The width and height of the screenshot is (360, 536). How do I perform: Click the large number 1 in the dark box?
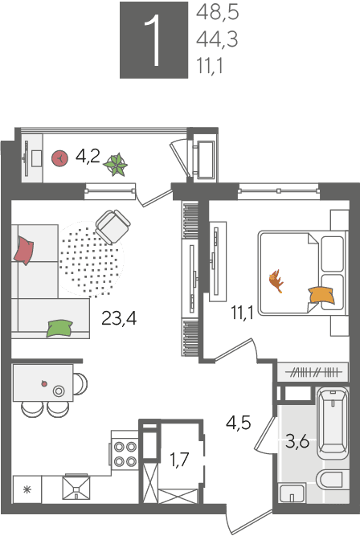coord(153,40)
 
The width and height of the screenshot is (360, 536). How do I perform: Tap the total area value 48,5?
coord(218,12)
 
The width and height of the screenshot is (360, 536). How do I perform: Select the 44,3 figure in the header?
coord(217,39)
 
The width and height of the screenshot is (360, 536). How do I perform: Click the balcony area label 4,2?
coord(88,157)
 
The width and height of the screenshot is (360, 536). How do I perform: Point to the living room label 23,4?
coord(119,318)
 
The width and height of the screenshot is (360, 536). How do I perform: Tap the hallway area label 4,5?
coord(239,423)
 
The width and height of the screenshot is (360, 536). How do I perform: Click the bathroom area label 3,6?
coord(297,442)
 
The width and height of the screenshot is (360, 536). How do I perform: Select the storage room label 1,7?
coord(180,460)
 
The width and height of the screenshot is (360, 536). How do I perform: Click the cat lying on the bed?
coord(276,281)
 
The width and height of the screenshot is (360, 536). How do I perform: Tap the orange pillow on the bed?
coord(321,295)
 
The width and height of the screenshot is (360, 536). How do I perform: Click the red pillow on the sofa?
coord(23,251)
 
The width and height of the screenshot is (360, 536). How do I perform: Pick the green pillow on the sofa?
coord(59,328)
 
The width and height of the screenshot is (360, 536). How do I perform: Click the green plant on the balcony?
coord(116,165)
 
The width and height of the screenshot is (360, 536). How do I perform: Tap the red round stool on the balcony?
coord(59,158)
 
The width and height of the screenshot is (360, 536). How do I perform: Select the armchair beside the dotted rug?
coord(112,227)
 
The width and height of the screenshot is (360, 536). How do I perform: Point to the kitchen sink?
coord(76,488)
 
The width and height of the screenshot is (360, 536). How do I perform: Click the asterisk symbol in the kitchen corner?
coord(27,490)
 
